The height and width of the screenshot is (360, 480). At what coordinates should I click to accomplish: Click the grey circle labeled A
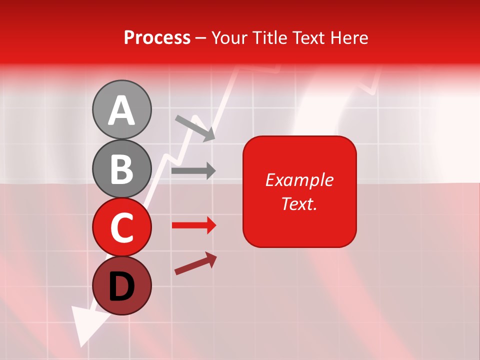click(122, 109)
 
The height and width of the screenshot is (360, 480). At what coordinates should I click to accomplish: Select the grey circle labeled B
click(122, 168)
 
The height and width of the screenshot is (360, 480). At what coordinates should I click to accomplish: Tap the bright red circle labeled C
click(122, 227)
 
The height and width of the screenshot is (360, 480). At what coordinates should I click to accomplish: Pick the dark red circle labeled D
click(122, 285)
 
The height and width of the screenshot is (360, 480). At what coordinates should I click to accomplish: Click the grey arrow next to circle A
click(195, 128)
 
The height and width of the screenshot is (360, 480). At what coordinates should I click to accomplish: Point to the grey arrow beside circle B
click(193, 170)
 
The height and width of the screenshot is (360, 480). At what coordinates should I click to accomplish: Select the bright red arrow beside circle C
click(194, 225)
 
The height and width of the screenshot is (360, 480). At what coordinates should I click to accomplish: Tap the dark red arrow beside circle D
click(195, 263)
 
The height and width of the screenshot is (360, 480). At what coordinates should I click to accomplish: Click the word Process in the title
click(157, 37)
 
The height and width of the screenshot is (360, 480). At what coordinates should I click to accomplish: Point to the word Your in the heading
click(230, 37)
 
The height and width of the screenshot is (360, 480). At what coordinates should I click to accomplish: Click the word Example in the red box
click(299, 180)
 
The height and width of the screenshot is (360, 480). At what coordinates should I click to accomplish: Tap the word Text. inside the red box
click(299, 203)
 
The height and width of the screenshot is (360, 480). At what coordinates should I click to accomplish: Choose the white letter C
click(122, 227)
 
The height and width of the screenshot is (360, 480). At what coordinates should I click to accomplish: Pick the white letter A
click(122, 110)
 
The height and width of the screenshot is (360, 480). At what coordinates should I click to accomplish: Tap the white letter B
click(122, 169)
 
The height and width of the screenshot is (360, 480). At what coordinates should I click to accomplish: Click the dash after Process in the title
click(201, 38)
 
